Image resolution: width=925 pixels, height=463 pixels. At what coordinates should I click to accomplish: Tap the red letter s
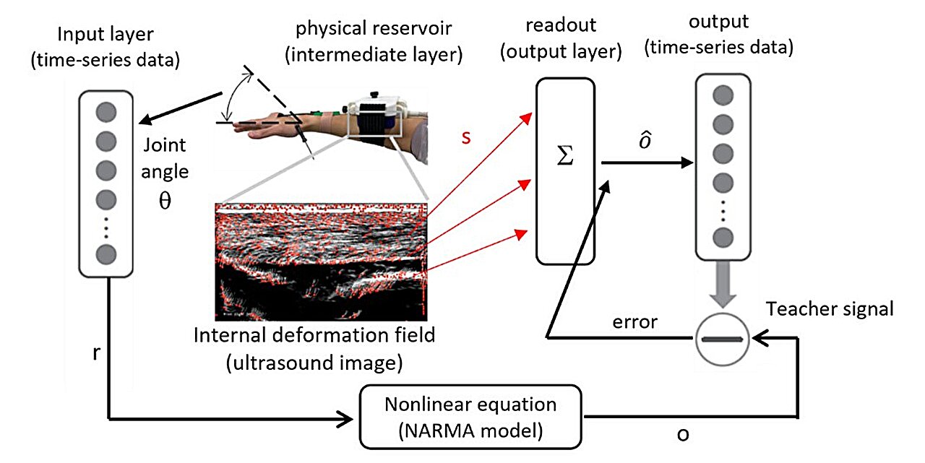[x=465, y=137]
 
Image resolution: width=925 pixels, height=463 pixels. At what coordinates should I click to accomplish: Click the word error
[x=634, y=322]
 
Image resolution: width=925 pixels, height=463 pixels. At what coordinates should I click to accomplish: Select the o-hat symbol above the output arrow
[x=647, y=142]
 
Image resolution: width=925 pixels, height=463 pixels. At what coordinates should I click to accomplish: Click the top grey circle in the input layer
[x=106, y=112]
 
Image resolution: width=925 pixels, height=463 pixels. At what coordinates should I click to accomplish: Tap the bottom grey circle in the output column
[x=721, y=238]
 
